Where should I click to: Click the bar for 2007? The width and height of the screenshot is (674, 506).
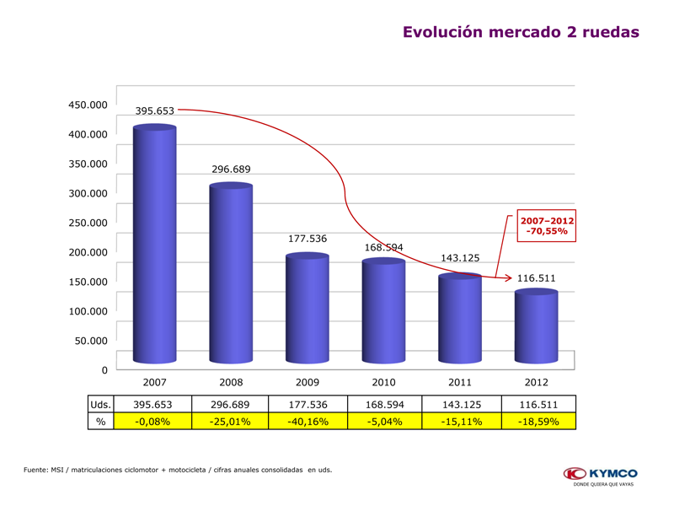tap(154, 245)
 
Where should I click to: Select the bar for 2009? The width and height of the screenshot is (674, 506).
tap(308, 309)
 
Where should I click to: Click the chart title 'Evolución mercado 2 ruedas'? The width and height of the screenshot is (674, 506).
tap(521, 32)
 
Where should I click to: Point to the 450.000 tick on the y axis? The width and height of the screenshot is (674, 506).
tap(88, 105)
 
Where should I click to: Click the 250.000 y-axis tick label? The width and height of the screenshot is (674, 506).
tap(88, 223)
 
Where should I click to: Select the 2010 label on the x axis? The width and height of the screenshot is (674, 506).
tap(383, 383)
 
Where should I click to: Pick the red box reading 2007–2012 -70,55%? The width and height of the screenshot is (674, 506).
tap(547, 225)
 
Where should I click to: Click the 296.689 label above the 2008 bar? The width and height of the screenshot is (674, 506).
tap(231, 170)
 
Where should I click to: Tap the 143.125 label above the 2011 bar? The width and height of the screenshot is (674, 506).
tap(460, 258)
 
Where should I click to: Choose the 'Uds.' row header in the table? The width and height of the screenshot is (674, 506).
tap(100, 405)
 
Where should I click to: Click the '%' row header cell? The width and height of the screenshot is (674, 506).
tap(100, 422)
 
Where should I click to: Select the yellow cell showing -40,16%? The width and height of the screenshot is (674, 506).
tap(307, 422)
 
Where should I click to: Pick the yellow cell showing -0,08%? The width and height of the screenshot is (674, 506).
tap(152, 422)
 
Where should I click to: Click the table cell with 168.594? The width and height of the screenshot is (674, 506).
tap(383, 405)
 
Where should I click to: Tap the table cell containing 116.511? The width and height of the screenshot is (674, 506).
tap(537, 405)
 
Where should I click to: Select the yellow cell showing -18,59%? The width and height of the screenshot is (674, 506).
tap(537, 422)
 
